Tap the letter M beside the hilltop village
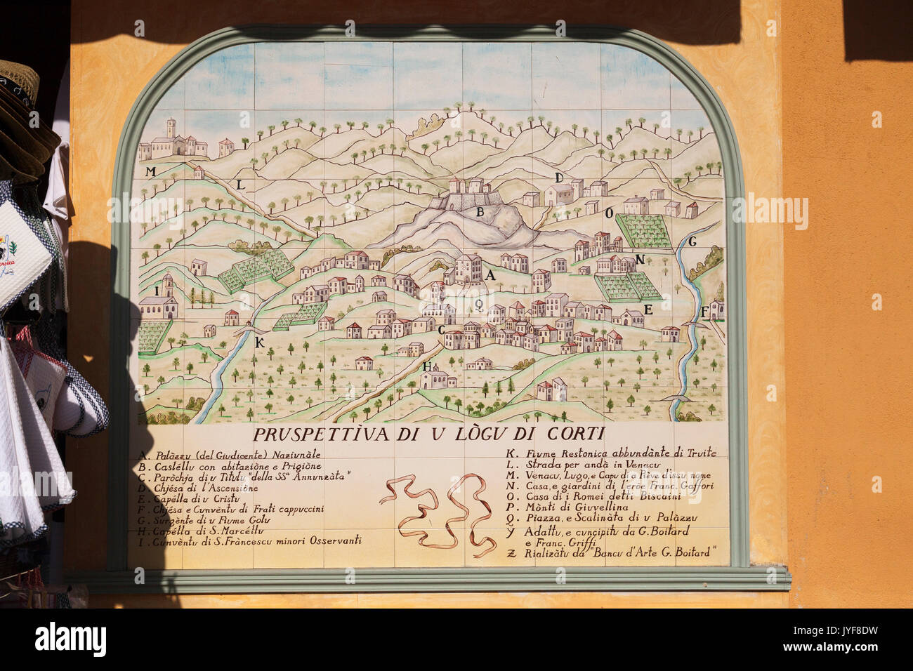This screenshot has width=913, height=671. pyautogui.click(x=150, y=171)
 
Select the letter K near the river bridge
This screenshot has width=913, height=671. pyautogui.click(x=259, y=343)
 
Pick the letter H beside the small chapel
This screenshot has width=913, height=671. pyautogui.click(x=426, y=366)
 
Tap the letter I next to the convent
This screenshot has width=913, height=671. pyautogui.click(x=154, y=291)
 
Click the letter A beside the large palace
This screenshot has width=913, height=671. pyautogui.click(x=490, y=275)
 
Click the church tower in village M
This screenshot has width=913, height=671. pyautogui.click(x=169, y=131)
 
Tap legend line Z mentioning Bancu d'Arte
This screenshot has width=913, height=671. pyautogui.click(x=612, y=553)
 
